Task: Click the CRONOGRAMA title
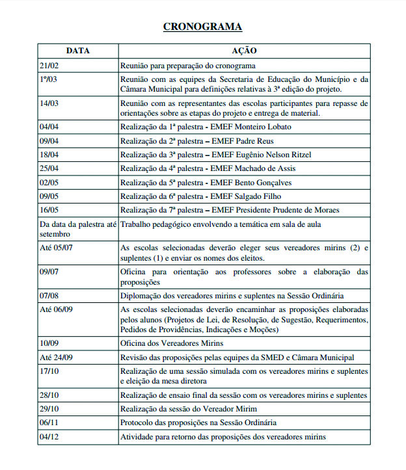tap(202, 27)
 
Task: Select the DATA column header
tap(77, 51)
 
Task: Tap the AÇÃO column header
tap(244, 51)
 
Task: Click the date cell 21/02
tap(49, 66)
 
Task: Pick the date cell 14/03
tap(49, 103)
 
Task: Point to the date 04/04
tap(49, 127)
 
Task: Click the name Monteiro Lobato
tap(266, 127)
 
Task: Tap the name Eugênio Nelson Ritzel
tap(275, 155)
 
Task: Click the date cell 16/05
tap(49, 210)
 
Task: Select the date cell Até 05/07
tap(56, 248)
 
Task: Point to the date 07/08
tap(49, 295)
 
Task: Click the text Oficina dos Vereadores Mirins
tap(172, 343)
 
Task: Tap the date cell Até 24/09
tap(56, 358)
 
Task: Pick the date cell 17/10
tap(49, 371)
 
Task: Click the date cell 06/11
tap(49, 423)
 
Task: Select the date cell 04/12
tap(49, 437)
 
